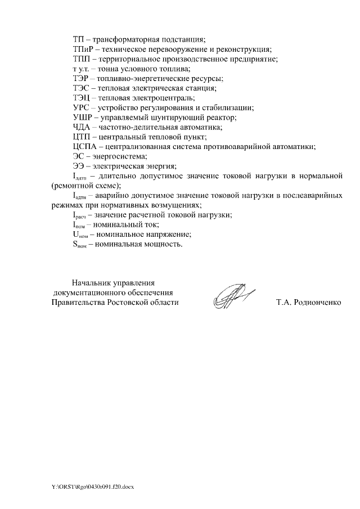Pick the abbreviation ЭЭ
point(78,166)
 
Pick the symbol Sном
point(80,244)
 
